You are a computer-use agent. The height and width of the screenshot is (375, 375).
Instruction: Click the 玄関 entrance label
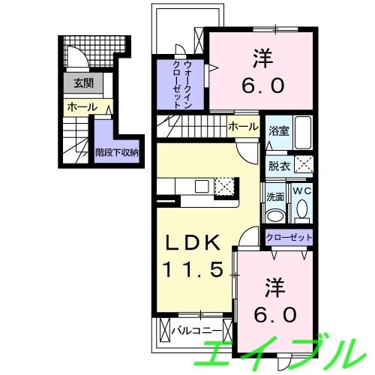click(83, 83)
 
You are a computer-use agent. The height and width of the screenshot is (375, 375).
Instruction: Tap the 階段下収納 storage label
click(117, 152)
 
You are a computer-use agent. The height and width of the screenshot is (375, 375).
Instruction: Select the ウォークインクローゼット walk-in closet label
click(182, 84)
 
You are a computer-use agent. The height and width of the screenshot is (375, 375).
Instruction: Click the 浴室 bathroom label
click(279, 131)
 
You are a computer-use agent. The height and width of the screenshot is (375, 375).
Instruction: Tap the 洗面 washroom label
click(275, 197)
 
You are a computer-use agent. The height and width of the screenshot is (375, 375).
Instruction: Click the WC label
click(302, 191)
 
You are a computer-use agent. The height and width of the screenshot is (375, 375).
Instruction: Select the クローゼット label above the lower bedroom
click(289, 237)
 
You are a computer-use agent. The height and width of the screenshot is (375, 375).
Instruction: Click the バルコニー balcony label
click(196, 331)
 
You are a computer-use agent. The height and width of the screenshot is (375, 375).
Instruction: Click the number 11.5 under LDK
click(193, 269)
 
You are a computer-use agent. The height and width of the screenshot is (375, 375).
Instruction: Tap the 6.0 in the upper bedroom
click(262, 85)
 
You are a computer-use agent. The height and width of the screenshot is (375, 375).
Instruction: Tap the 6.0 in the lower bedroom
click(275, 314)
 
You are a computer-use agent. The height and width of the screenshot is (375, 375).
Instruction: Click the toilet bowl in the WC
click(302, 208)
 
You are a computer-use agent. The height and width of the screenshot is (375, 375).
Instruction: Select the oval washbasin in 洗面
click(275, 215)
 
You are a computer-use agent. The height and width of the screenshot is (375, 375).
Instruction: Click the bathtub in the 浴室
click(304, 133)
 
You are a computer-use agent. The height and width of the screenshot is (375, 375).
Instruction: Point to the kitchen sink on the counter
click(202, 187)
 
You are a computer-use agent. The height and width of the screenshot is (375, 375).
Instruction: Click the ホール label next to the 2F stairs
click(243, 127)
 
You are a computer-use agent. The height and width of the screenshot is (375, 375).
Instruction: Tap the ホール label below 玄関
click(82, 107)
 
